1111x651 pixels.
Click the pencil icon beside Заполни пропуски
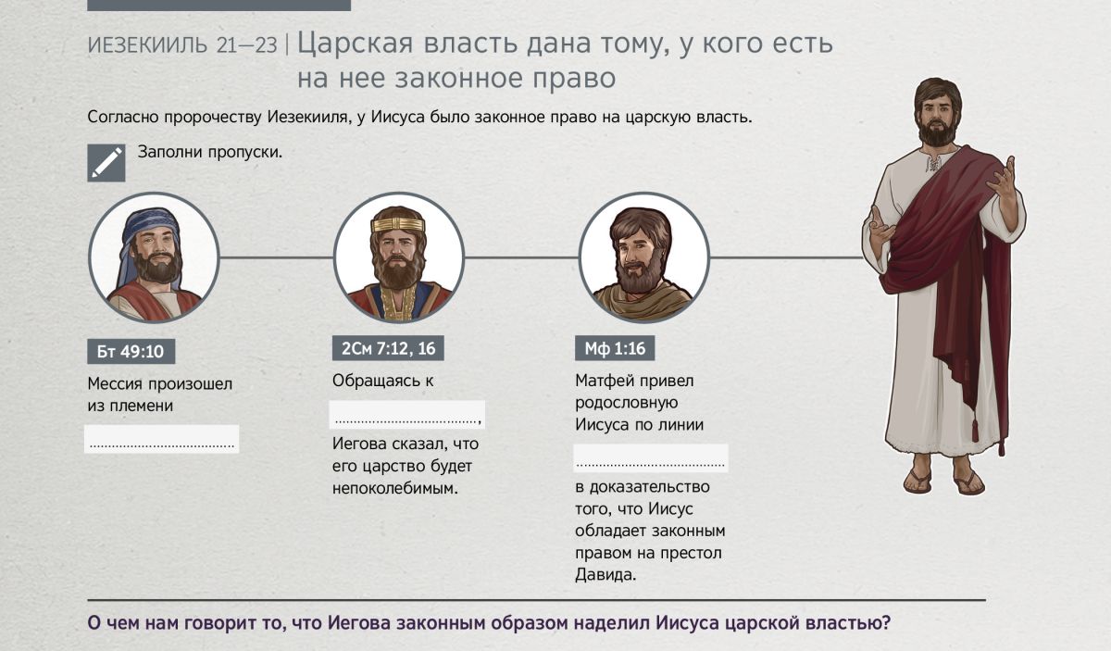[x=106, y=163]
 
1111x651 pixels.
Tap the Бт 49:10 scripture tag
[x=131, y=351]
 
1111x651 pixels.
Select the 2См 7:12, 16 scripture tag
[x=388, y=348]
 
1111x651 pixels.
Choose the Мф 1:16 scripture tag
[x=615, y=348]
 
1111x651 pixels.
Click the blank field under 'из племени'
[x=162, y=439]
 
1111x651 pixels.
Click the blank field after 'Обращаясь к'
[x=406, y=414]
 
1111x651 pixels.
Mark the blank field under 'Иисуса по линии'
[x=651, y=458]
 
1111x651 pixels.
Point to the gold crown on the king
[x=398, y=225]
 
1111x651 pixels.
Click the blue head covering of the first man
[x=143, y=228]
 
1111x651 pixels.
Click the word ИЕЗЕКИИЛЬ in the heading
[x=147, y=45]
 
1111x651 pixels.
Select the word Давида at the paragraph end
[x=605, y=574]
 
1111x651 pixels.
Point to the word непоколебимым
[x=394, y=489]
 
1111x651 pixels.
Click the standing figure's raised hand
[x=1002, y=179]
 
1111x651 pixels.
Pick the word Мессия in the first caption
[x=115, y=383]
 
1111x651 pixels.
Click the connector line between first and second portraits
[x=276, y=257]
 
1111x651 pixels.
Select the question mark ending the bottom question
[x=886, y=622]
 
